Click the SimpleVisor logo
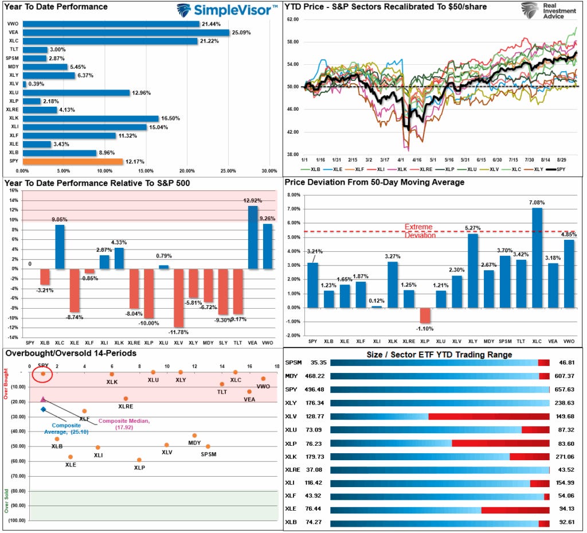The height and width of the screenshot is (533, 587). [x=226, y=9]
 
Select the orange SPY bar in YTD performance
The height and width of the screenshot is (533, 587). [x=73, y=162]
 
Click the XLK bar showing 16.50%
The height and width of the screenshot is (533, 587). [x=91, y=119]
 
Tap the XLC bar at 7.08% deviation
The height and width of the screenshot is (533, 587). [x=537, y=258]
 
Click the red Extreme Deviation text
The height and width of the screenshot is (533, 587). [x=418, y=231]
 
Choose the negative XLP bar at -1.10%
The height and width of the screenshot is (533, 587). [x=424, y=316]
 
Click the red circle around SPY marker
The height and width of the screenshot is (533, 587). [x=42, y=375]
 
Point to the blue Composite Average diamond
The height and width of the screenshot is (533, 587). [x=43, y=409]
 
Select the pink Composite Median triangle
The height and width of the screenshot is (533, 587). [x=43, y=398]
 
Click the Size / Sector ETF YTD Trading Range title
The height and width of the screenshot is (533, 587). [x=440, y=355]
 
